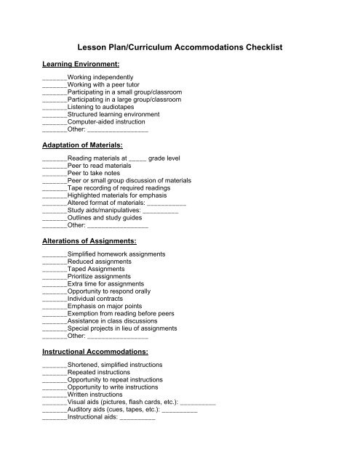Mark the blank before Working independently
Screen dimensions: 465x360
pos(55,78)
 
